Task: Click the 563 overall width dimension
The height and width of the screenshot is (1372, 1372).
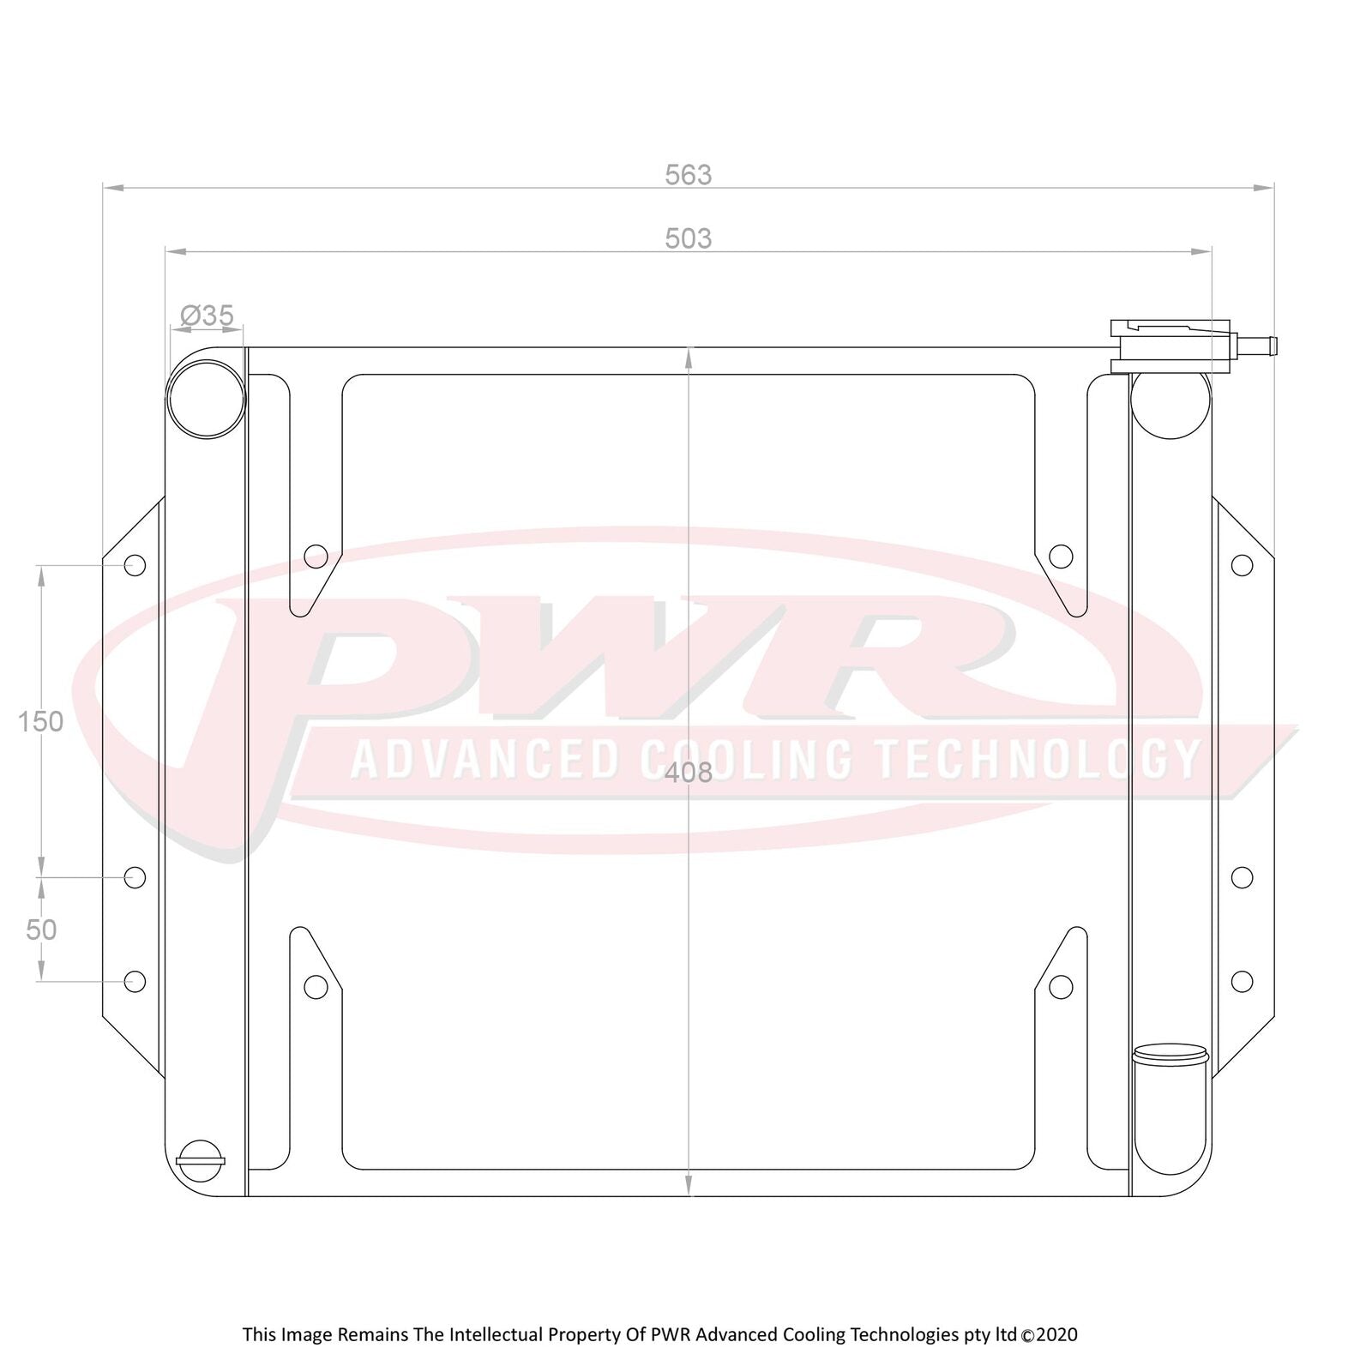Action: [688, 175]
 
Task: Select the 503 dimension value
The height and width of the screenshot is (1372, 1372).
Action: [688, 238]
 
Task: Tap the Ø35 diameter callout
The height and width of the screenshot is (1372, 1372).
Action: [208, 316]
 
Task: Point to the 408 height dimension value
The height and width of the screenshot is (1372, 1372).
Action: [689, 773]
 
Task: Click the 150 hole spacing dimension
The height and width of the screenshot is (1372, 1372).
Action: [40, 722]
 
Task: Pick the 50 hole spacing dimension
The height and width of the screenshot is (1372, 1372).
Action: [40, 930]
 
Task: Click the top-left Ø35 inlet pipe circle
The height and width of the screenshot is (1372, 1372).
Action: [206, 399]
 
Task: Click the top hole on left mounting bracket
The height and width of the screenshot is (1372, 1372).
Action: [135, 565]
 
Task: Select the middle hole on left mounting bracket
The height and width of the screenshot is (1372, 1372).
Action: [135, 877]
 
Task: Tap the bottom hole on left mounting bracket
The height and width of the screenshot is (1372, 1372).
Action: [135, 981]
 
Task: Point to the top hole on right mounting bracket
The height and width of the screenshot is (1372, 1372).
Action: [1242, 565]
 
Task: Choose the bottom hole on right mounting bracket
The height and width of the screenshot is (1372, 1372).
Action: [1242, 981]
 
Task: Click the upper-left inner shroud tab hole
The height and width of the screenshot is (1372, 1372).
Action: [316, 557]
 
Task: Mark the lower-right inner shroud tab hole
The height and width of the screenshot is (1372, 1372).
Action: [1061, 987]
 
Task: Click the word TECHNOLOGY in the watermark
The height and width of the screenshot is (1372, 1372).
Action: [1037, 760]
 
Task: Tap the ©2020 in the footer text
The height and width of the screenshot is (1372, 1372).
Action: [1050, 1334]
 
